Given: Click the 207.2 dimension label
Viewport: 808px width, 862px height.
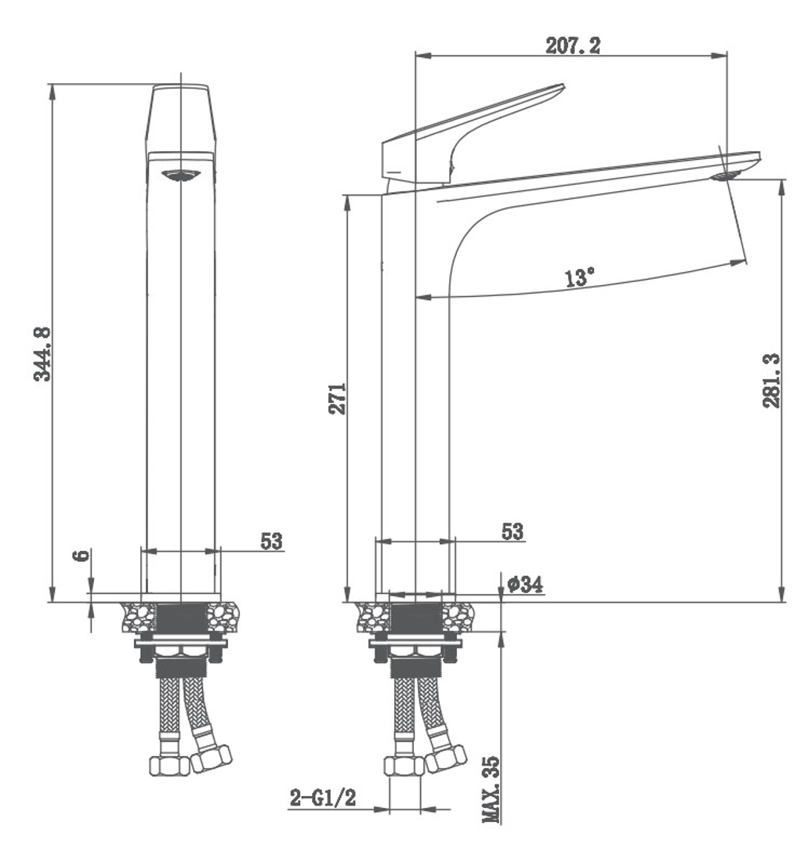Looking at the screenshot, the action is (573, 45).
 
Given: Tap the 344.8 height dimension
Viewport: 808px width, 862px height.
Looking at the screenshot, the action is (42, 354).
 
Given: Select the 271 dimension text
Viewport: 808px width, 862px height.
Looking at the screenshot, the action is (338, 399).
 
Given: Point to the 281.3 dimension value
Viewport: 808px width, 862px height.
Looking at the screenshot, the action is (771, 380).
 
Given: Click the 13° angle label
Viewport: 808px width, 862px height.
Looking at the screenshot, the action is (579, 277).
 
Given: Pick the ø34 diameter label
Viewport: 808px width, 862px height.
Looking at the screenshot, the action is (525, 584).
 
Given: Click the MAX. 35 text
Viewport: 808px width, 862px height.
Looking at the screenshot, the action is (491, 789).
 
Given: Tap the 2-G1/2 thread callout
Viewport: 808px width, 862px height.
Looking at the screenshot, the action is (323, 798).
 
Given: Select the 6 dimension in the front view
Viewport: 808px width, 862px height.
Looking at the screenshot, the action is (82, 555).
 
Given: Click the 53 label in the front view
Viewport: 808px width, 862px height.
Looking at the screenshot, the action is (271, 541).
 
